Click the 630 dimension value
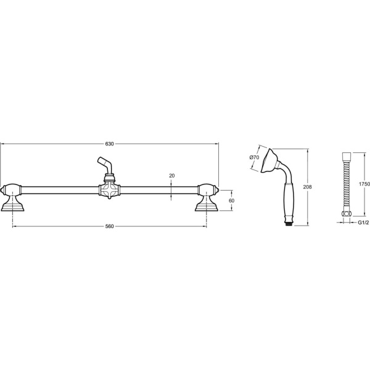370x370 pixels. (x=110, y=144)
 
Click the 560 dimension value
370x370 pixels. (x=110, y=226)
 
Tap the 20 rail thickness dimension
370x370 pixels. (x=172, y=176)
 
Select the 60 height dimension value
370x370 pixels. (x=231, y=200)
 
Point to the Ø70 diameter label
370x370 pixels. (x=254, y=157)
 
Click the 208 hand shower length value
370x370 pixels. (x=308, y=187)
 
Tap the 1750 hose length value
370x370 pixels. (x=364, y=184)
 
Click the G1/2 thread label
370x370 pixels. (x=363, y=222)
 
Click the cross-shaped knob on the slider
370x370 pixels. (x=109, y=190)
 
